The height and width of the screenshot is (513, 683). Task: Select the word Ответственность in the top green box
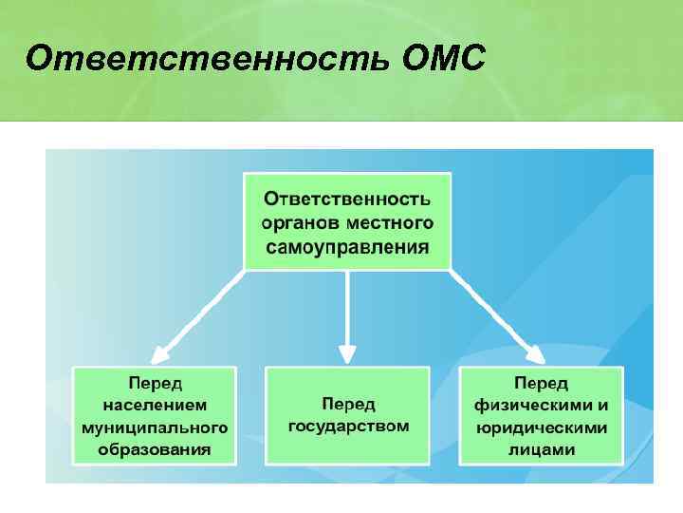(x=347, y=199)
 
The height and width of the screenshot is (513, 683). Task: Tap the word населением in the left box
(x=156, y=405)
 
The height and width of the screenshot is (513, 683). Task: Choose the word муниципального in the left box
(x=156, y=427)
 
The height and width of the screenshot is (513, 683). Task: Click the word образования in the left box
(x=156, y=448)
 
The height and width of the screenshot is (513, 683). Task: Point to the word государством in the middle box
(x=348, y=426)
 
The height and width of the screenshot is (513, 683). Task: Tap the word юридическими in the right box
(x=542, y=427)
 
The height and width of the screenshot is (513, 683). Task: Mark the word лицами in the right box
(x=542, y=449)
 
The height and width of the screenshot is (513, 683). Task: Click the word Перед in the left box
(x=156, y=383)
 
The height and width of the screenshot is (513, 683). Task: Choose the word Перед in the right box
(x=542, y=384)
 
